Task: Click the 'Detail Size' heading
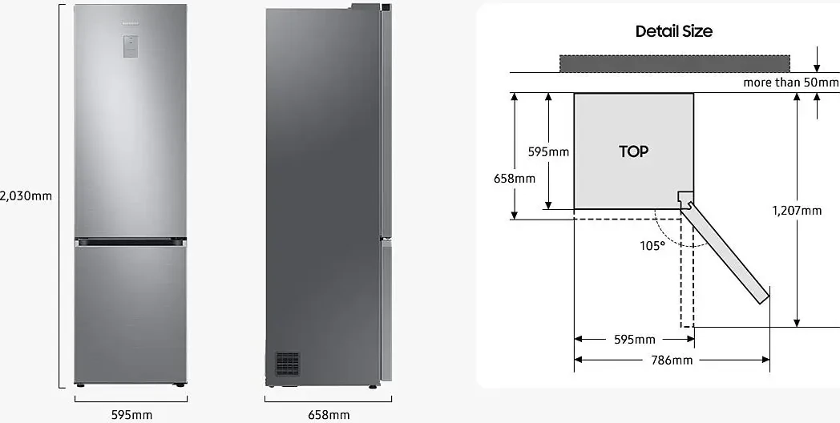pos(673,31)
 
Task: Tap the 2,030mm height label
pos(26,195)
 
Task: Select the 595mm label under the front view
pos(131,414)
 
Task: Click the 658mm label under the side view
pos(329,414)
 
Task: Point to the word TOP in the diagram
pos(633,151)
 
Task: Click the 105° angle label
pos(652,245)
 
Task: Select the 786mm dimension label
pos(671,361)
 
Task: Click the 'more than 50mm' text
pos(790,83)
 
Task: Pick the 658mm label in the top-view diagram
pos(514,178)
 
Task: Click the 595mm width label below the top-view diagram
pos(634,340)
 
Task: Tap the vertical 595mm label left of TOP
pos(548,151)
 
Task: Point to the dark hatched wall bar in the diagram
pos(674,63)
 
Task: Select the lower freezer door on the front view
pos(131,312)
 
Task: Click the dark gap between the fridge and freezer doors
pos(131,240)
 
